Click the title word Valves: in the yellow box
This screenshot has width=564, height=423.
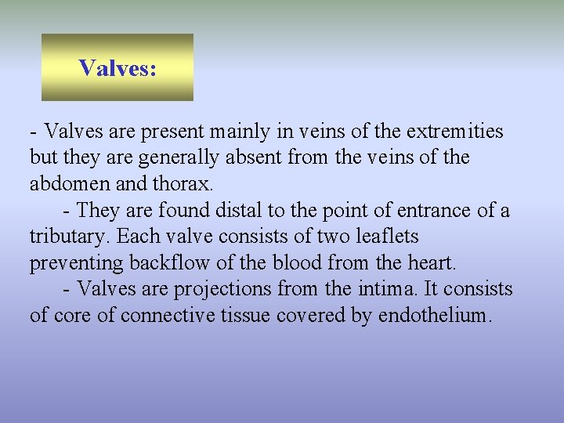[x=117, y=68]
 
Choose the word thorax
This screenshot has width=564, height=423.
[x=186, y=184]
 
